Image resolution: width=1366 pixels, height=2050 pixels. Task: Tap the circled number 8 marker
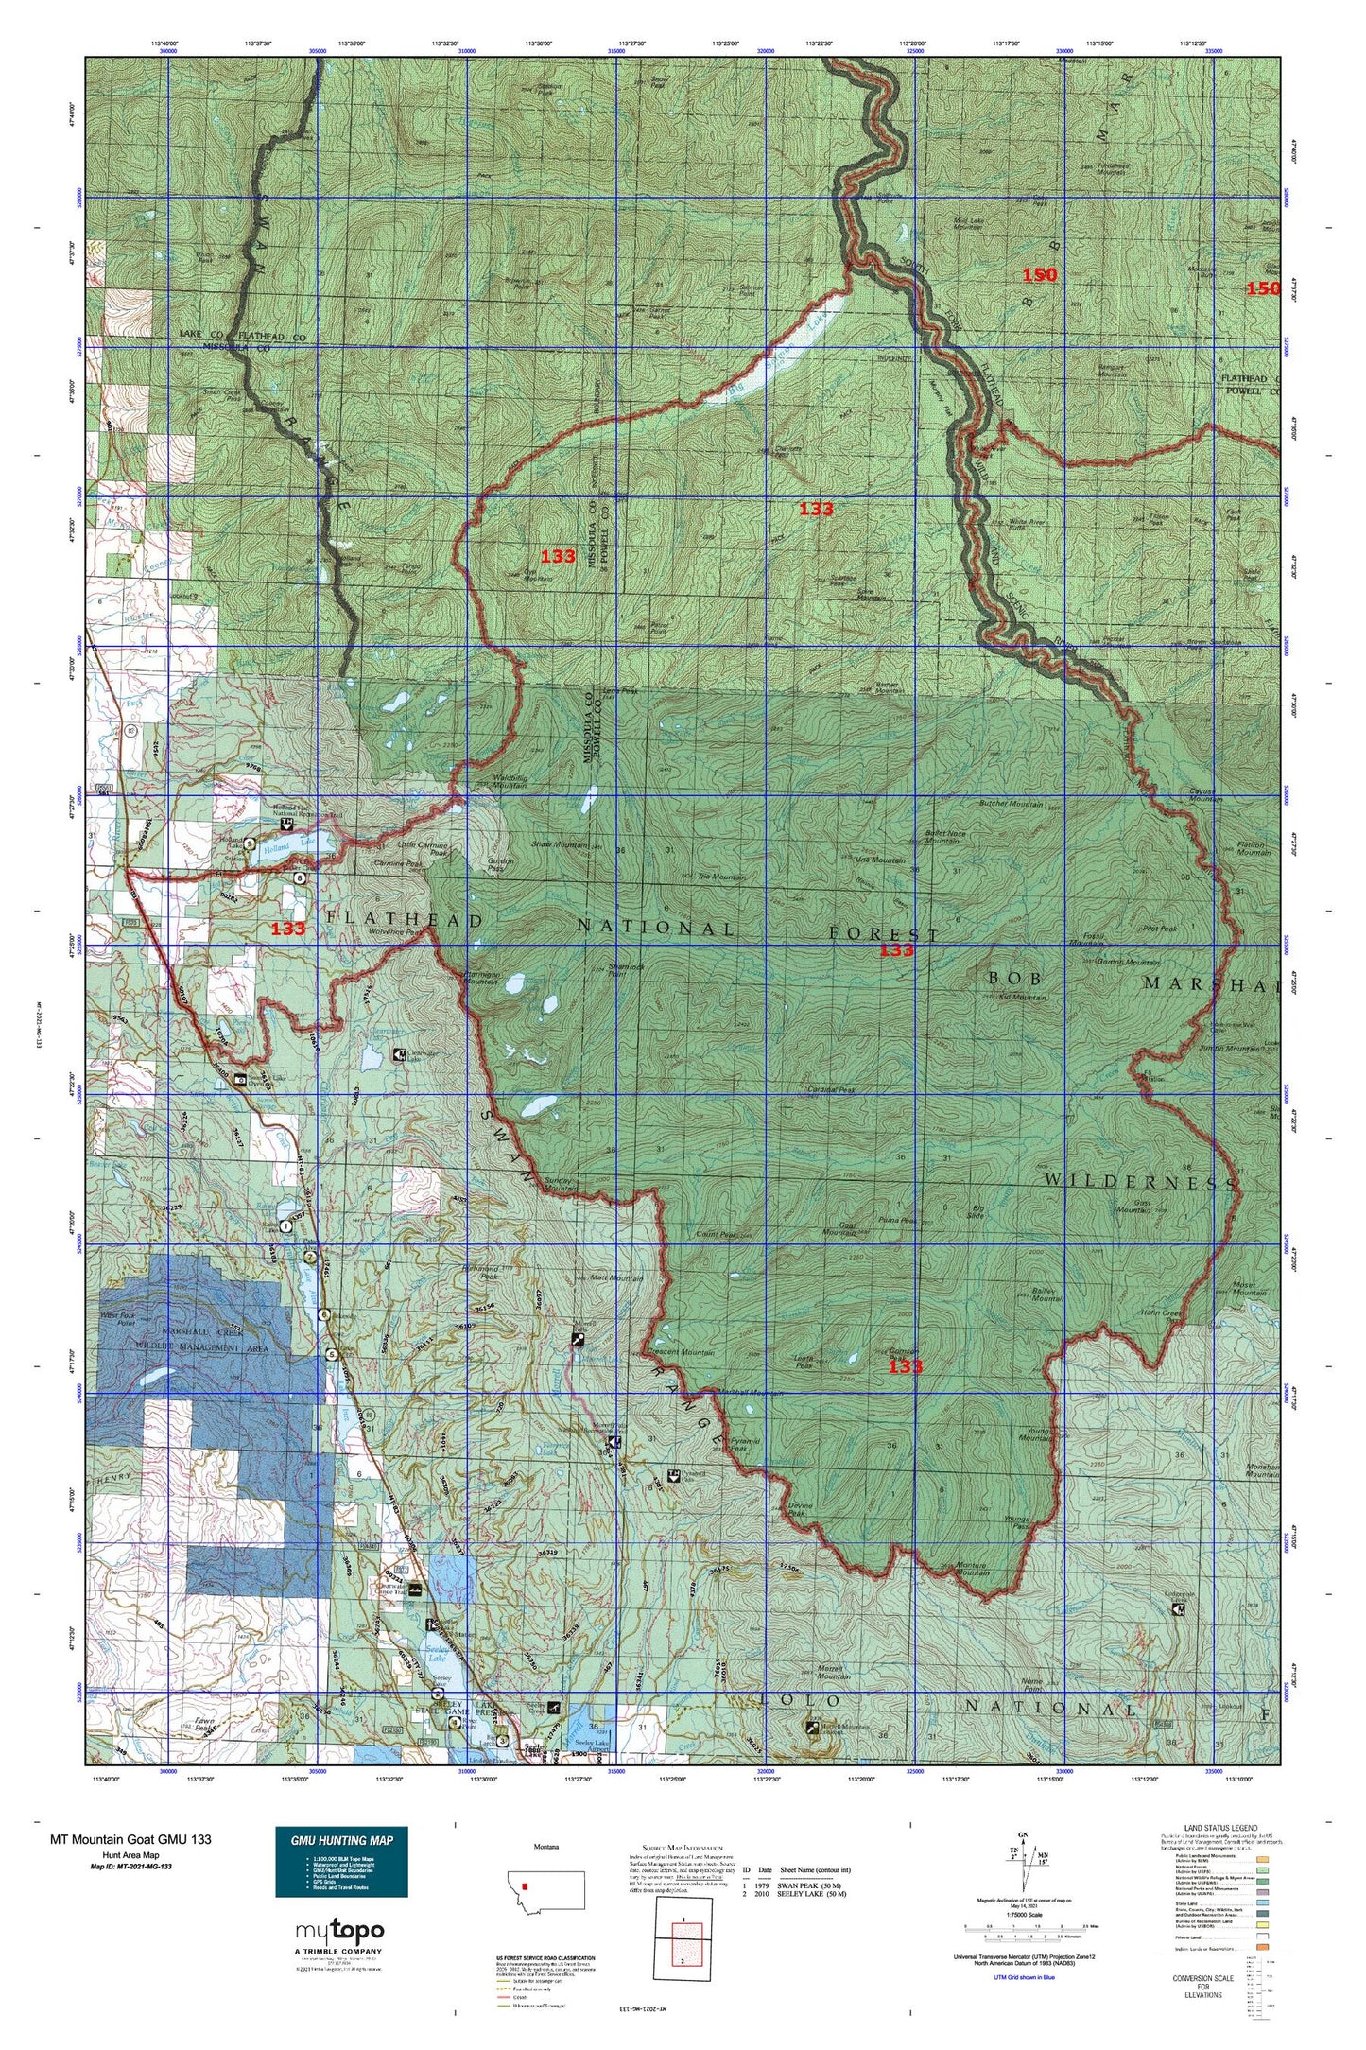click(x=300, y=877)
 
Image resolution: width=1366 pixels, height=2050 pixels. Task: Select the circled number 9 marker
click(x=250, y=843)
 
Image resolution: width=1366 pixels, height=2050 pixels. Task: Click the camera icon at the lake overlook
click(x=240, y=1079)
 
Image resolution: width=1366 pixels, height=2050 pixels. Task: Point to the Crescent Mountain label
click(x=684, y=1353)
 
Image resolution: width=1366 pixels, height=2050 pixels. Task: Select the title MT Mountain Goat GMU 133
click(x=130, y=1839)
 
